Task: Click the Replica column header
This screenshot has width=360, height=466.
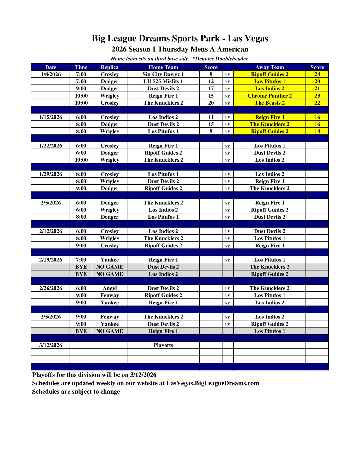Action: click(x=110, y=67)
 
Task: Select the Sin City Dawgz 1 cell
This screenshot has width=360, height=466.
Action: click(x=163, y=74)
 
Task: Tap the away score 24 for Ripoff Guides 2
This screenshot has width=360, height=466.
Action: click(x=317, y=74)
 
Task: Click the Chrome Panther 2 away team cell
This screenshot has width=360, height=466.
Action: click(x=270, y=96)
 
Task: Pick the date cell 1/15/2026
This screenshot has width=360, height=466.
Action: click(x=51, y=117)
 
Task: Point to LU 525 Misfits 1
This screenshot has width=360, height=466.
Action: click(x=163, y=81)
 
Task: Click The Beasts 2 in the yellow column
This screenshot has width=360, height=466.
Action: click(x=270, y=103)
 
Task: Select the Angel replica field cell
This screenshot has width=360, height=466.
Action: click(x=110, y=288)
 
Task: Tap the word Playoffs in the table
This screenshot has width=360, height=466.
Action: click(x=163, y=345)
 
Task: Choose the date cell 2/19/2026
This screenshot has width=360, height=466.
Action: click(x=51, y=260)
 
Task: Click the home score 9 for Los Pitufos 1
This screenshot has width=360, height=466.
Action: click(x=211, y=131)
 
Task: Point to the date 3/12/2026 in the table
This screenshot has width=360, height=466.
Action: click(x=51, y=345)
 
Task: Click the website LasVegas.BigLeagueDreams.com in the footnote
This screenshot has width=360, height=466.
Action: click(x=213, y=383)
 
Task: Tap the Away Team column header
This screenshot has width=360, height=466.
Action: click(x=270, y=67)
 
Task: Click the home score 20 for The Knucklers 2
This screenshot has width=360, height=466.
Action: click(x=211, y=103)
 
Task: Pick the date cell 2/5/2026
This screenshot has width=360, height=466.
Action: click(x=51, y=203)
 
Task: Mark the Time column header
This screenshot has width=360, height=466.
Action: click(x=81, y=67)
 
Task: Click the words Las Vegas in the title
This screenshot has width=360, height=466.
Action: click(x=248, y=38)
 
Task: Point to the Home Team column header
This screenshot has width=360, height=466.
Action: click(x=163, y=67)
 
